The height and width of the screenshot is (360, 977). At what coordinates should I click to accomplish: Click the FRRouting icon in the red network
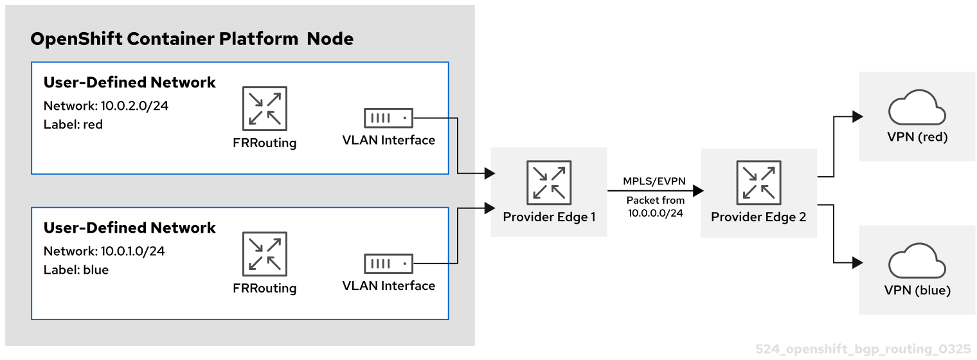click(265, 109)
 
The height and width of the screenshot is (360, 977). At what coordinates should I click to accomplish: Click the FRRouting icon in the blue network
click(265, 254)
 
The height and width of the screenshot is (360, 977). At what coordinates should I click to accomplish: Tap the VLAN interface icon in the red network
click(388, 118)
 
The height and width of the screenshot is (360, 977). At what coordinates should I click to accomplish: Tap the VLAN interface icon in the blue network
click(388, 264)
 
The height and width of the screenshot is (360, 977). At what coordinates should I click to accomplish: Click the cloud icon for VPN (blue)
click(917, 262)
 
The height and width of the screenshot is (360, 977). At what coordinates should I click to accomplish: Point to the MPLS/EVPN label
click(655, 182)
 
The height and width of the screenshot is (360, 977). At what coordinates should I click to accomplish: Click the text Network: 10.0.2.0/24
click(106, 106)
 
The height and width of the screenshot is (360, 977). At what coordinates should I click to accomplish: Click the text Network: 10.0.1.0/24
click(104, 251)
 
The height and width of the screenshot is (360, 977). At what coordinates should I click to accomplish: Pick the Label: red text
click(73, 124)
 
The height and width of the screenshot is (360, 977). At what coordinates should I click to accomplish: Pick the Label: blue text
click(76, 269)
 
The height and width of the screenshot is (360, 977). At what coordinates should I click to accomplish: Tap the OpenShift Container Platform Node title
click(192, 39)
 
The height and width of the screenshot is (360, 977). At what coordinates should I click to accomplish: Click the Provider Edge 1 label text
click(549, 217)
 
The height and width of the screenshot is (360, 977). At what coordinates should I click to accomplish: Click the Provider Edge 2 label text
click(758, 217)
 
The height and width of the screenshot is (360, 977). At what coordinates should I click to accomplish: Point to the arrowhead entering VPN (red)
click(857, 117)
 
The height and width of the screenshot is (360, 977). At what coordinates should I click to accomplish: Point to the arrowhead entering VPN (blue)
click(857, 262)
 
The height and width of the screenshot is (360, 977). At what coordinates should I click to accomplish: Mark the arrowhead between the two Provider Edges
click(698, 191)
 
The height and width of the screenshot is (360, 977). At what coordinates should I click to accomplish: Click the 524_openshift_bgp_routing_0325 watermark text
click(863, 349)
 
